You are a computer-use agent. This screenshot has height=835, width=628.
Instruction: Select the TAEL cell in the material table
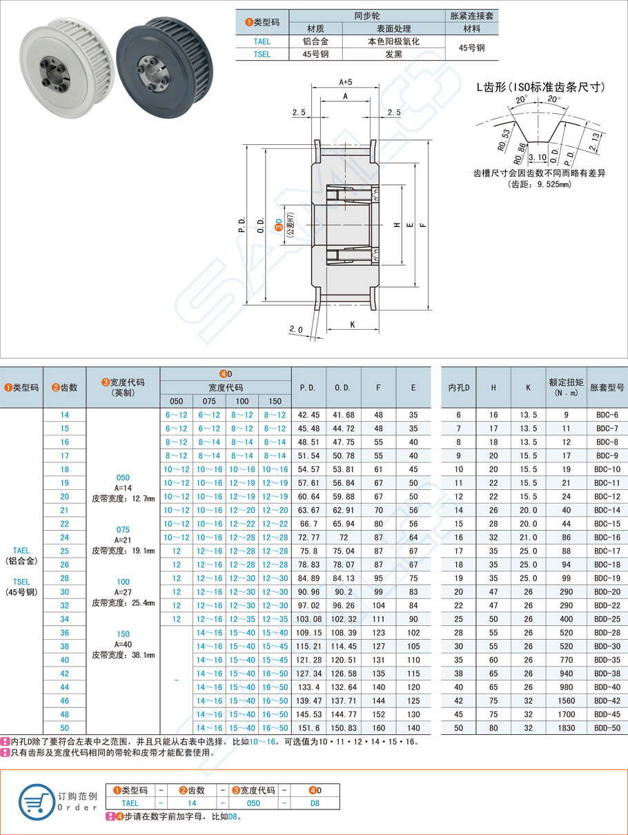point(262,41)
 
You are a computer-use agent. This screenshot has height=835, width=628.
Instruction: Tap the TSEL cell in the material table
point(262,55)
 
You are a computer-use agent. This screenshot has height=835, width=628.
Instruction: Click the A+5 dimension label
point(346,81)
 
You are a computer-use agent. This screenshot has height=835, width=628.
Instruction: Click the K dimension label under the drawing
point(352,324)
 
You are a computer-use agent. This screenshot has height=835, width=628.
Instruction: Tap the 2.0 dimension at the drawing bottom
point(296,330)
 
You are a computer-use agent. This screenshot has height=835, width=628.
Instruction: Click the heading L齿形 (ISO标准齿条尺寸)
point(542,88)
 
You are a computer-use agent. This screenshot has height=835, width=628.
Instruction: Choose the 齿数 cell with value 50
point(64,727)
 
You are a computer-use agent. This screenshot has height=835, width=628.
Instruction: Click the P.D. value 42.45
point(308,415)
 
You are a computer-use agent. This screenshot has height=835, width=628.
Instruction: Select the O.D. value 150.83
point(343,727)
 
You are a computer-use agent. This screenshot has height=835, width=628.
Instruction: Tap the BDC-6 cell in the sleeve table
point(607,415)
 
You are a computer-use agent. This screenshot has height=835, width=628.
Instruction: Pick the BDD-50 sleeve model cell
point(607,727)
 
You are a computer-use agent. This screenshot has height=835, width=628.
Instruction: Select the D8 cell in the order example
point(314,803)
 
